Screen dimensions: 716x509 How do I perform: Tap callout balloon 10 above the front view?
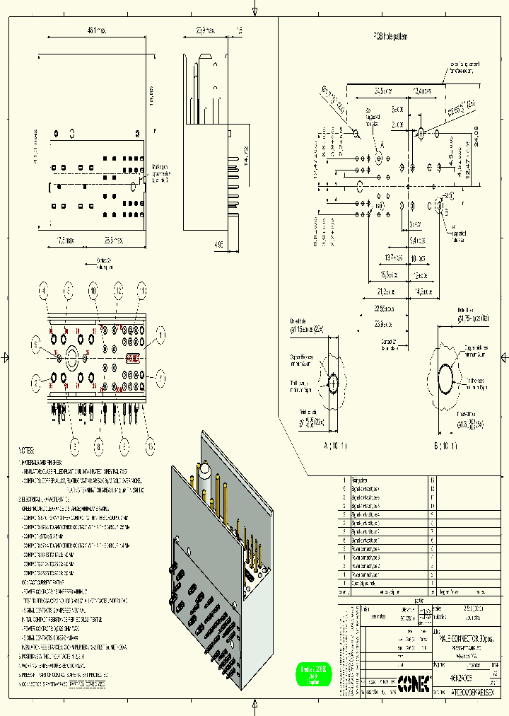pyautogui.click(x=93, y=289)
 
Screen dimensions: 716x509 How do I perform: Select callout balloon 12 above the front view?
pyautogui.click(x=119, y=289)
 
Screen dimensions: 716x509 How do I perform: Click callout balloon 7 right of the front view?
pyautogui.click(x=160, y=378)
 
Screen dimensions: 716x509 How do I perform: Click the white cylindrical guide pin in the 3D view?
pyautogui.click(x=204, y=472)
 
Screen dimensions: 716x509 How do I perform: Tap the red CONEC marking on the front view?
pyautogui.click(x=132, y=358)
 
